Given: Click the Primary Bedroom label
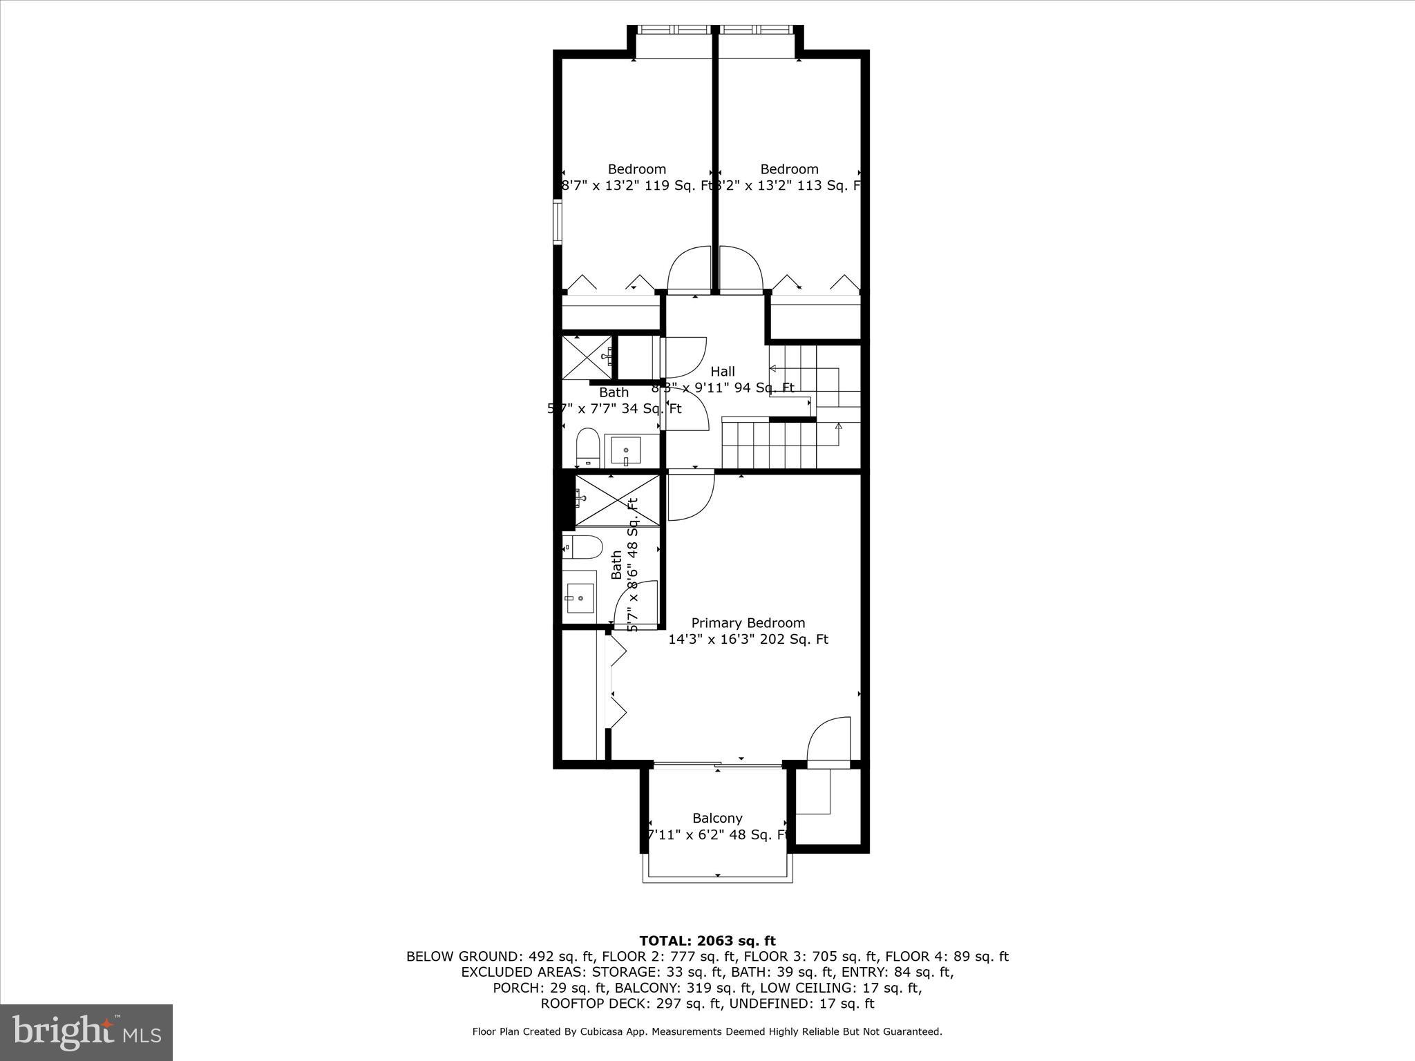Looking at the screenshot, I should tap(748, 623).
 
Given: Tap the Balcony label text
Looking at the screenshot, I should tap(717, 818).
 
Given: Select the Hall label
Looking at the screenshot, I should tap(723, 372).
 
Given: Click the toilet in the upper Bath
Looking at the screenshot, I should tap(587, 447).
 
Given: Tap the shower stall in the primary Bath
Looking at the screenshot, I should tap(617, 501).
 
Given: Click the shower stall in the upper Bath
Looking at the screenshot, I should tap(587, 357).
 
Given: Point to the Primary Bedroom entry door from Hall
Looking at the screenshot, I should tap(690, 495).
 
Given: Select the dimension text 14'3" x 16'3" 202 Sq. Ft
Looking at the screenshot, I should tap(748, 640).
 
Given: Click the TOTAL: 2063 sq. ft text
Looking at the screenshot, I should tap(707, 941).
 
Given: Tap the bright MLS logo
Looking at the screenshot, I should tap(86, 1032).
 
